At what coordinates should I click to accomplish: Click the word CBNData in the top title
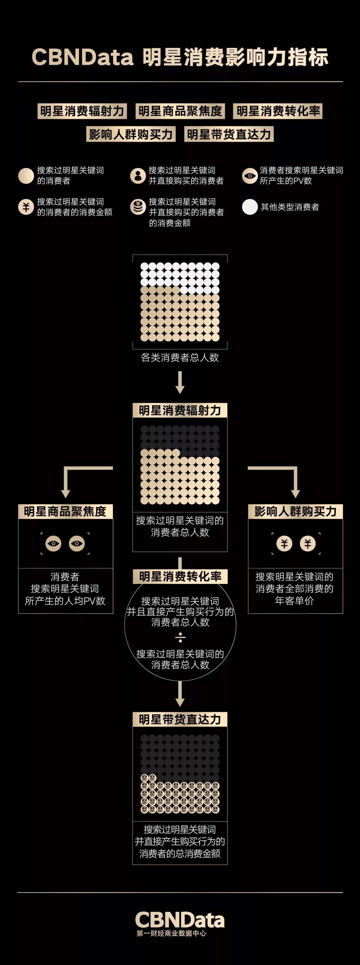click(82, 57)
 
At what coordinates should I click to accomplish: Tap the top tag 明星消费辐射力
click(82, 111)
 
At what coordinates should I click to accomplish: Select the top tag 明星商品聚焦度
click(180, 111)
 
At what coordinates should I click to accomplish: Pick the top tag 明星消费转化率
click(278, 111)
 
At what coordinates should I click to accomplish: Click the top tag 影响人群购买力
click(131, 134)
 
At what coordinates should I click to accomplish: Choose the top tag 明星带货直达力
click(229, 134)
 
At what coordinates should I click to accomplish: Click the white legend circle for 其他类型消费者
click(250, 207)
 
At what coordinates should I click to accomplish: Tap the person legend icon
click(138, 175)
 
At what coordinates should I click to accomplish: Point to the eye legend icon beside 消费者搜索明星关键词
click(250, 176)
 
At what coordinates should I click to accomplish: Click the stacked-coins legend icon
click(138, 207)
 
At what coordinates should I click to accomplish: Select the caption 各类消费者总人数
click(180, 357)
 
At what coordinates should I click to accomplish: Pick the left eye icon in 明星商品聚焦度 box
click(53, 544)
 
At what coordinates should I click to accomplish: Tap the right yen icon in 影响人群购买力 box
click(308, 544)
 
